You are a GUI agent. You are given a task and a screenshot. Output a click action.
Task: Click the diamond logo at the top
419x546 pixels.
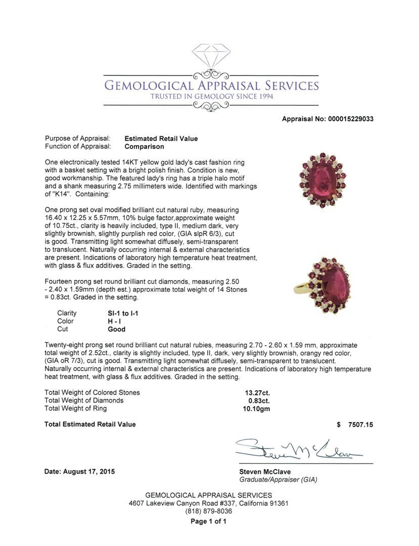pos(211,55)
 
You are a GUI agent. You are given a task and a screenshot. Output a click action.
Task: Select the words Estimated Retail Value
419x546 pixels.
pos(161,139)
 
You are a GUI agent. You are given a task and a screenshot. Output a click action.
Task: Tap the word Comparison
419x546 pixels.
pos(144,147)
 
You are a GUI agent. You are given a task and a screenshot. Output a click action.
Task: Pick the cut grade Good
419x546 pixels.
pos(116,329)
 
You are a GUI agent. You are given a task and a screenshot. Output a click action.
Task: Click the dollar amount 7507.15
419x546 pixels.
pos(360,425)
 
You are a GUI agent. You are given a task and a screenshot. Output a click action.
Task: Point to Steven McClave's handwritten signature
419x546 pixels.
pos(298,448)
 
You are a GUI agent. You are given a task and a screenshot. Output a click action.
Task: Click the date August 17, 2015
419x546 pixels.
pos(79,472)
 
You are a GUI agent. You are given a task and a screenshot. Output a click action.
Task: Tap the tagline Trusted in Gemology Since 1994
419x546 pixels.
pos(211,97)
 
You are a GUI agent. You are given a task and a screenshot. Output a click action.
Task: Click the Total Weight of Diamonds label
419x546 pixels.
pos(84,400)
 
